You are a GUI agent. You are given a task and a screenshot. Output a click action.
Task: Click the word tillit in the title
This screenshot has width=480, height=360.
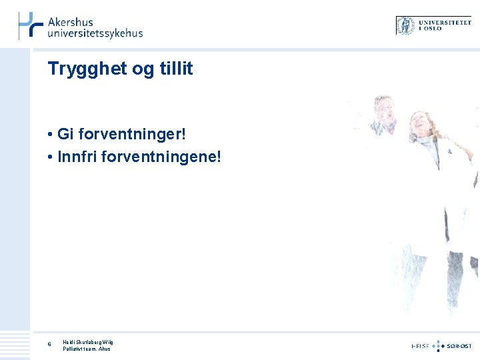pos(175,68)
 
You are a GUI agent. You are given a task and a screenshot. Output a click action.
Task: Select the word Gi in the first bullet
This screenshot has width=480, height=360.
pos(65,134)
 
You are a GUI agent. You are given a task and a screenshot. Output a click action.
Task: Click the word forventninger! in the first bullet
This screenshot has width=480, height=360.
pos(132,135)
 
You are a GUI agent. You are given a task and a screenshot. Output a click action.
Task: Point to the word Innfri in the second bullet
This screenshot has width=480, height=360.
pos(75,157)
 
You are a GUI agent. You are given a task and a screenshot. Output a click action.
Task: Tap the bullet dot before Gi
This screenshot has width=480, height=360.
pos(51,135)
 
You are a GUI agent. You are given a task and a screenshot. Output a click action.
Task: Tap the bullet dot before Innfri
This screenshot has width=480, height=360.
pos(51,158)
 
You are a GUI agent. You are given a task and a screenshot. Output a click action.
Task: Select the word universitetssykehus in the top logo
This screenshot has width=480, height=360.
pos(95,33)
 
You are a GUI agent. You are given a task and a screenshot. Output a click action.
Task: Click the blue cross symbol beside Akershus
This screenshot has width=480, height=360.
pos(30,25)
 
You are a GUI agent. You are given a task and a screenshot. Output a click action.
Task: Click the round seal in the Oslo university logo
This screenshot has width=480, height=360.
pos(405,25)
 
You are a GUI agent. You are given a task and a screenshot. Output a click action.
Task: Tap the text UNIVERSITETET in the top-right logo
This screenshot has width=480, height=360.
pos(444,22)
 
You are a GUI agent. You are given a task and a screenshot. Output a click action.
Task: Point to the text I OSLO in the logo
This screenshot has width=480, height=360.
pos(431,29)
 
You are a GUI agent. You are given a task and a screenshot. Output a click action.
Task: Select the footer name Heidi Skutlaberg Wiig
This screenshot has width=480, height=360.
pos(88,342)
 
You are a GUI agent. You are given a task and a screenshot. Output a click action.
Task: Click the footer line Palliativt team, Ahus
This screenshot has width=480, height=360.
pos(87,349)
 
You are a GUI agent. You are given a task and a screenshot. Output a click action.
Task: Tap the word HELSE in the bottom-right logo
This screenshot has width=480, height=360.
pos(420,346)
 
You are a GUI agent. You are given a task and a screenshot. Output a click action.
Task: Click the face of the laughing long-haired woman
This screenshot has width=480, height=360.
pos(421,124)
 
